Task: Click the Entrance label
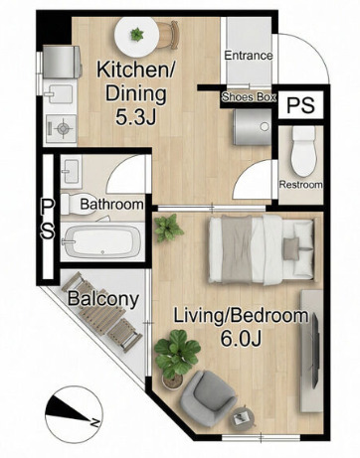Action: [x=249, y=56]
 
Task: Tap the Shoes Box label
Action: [x=249, y=97]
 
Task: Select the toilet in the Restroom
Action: [x=302, y=151]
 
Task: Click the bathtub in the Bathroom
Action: [x=101, y=241]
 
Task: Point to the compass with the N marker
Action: [x=74, y=414]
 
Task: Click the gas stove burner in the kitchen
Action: [x=62, y=128]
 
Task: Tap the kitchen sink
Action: [x=60, y=94]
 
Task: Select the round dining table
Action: [x=137, y=35]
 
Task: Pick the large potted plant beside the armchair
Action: [x=176, y=357]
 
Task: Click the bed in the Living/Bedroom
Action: [x=262, y=249]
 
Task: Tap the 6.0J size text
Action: [x=242, y=338]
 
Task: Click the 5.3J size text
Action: [x=135, y=116]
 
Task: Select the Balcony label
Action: [x=103, y=299]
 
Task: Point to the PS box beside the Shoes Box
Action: [x=300, y=105]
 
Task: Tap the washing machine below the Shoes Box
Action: [x=252, y=127]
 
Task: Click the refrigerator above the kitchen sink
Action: [x=62, y=62]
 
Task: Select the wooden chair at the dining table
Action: [x=168, y=35]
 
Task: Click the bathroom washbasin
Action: [x=71, y=171]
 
